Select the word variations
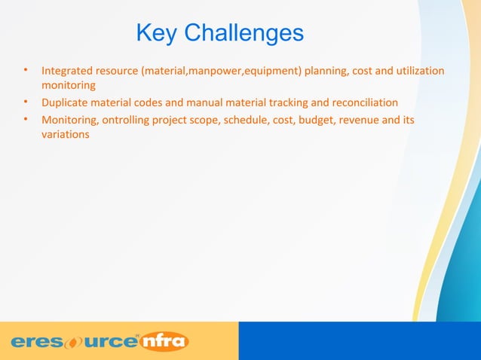pos(65,135)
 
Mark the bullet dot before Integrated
pos(26,72)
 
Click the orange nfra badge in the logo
pos(164,341)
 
